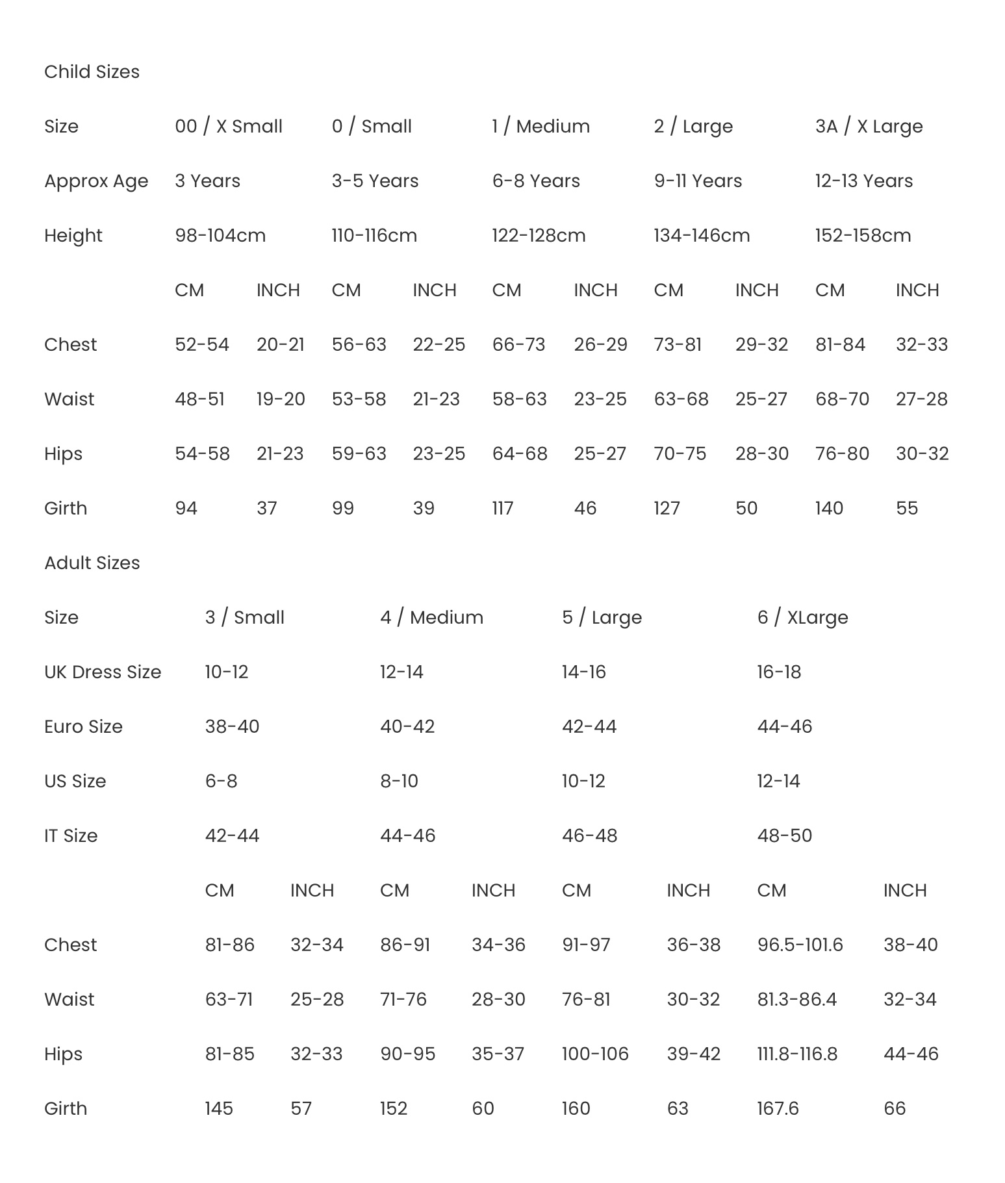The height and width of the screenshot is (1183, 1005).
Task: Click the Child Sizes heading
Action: pyautogui.click(x=92, y=71)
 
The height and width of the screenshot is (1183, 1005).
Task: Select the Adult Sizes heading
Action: pyautogui.click(x=92, y=563)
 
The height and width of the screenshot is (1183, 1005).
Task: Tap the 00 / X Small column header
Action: pyautogui.click(x=229, y=126)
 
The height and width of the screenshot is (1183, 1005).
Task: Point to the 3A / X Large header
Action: pyautogui.click(x=869, y=126)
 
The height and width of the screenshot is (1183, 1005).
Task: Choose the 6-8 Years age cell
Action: pyautogui.click(x=536, y=181)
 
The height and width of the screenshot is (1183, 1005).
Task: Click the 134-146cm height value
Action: pyautogui.click(x=702, y=235)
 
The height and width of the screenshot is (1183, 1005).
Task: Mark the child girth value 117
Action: pyautogui.click(x=503, y=508)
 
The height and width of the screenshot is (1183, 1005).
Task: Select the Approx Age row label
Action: pyautogui.click(x=96, y=181)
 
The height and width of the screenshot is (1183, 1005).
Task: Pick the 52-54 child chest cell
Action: pyautogui.click(x=202, y=344)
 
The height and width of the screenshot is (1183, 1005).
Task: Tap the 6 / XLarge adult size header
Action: pyautogui.click(x=802, y=617)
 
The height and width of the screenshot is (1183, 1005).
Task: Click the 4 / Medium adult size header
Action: pyautogui.click(x=431, y=617)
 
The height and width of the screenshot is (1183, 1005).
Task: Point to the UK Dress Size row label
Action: pyautogui.click(x=103, y=672)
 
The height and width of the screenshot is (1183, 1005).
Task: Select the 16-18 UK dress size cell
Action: pyautogui.click(x=779, y=672)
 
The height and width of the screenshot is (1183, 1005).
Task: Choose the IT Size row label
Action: pyautogui.click(x=71, y=835)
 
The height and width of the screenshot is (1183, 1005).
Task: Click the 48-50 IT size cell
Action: pyautogui.click(x=784, y=835)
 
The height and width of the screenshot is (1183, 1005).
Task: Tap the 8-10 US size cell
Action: pyautogui.click(x=399, y=781)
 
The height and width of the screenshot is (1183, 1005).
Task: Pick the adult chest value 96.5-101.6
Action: pyautogui.click(x=800, y=945)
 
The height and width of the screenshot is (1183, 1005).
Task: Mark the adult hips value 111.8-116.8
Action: pyautogui.click(x=797, y=1054)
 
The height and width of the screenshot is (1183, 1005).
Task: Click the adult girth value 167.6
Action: pyautogui.click(x=778, y=1108)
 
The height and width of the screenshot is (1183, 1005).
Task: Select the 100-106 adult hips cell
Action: pyautogui.click(x=595, y=1054)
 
